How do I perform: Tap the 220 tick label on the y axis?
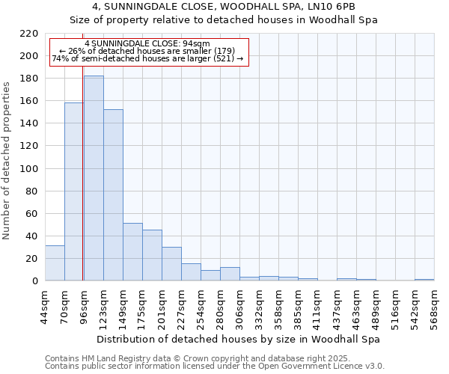[29, 34]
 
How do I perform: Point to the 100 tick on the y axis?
[29, 169]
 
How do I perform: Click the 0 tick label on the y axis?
[34, 281]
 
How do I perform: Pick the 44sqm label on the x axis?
[45, 307]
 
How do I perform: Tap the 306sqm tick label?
[239, 307]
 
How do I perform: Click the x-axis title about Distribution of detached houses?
[239, 339]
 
